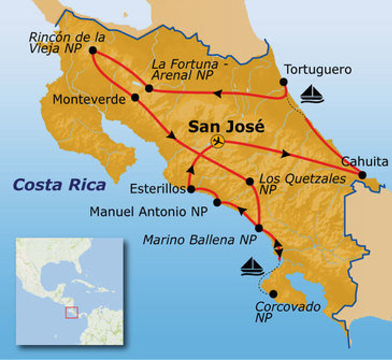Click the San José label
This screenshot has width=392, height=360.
(x=226, y=126)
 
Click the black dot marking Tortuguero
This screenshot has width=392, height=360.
(x=283, y=82)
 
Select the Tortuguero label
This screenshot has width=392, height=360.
(x=318, y=70)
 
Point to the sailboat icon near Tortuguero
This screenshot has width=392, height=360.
(x=312, y=94)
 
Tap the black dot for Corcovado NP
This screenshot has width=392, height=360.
(x=273, y=294)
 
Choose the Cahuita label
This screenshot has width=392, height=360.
(x=364, y=162)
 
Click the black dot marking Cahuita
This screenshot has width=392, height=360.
(x=362, y=175)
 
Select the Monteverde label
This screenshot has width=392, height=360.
(x=89, y=100)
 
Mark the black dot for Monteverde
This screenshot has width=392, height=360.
(x=135, y=97)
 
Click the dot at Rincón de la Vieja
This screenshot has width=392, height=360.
(x=92, y=50)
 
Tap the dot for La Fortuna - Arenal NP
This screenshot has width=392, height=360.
(x=149, y=88)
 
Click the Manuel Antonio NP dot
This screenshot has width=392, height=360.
(x=217, y=202)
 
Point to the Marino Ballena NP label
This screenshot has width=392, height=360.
(x=199, y=240)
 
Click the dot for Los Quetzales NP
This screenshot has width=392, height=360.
(x=250, y=182)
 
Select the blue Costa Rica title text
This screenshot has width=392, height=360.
(x=59, y=185)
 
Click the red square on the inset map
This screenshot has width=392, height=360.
(x=72, y=313)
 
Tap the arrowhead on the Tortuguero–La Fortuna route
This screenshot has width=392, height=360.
(x=217, y=93)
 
